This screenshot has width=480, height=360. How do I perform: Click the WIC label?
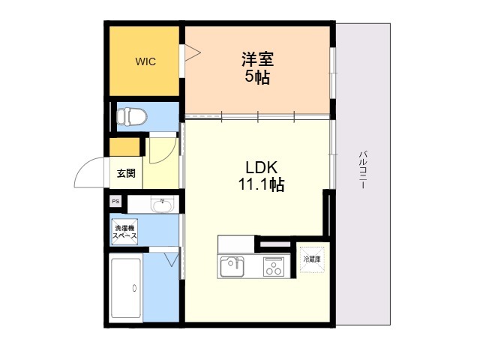(x=145, y=62)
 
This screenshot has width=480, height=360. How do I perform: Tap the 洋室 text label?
(x=257, y=58)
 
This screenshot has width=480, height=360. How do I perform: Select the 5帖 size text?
(x=257, y=76)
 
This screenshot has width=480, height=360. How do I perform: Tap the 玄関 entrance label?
(x=125, y=174)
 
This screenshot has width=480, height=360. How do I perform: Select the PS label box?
(x=115, y=201)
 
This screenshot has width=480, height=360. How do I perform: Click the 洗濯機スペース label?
(x=124, y=232)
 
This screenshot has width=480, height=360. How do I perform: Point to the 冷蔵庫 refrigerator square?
(x=312, y=259)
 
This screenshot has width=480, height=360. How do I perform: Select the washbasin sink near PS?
(x=161, y=203)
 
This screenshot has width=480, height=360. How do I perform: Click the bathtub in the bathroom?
(x=126, y=289)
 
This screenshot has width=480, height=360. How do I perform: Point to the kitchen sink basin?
(x=232, y=265)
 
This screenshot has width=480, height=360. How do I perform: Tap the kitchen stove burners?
(x=273, y=265)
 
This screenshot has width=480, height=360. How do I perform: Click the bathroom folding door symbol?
(x=170, y=259)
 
